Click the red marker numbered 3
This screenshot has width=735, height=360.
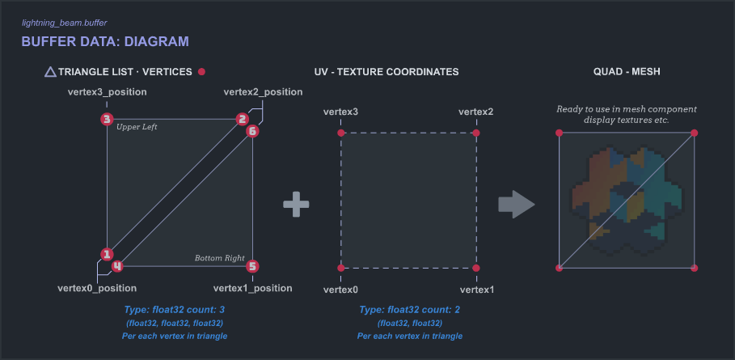(x=107, y=120)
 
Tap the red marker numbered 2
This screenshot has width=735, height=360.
(x=242, y=120)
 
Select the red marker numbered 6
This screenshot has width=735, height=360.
(x=252, y=130)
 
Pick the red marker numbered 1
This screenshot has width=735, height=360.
(x=107, y=254)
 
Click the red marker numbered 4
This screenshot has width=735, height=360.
(x=117, y=265)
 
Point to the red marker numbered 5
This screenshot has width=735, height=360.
(x=252, y=265)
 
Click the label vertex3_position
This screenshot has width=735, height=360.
(x=107, y=92)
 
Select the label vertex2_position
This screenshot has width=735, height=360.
(x=263, y=92)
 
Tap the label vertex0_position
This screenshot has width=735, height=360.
(x=97, y=288)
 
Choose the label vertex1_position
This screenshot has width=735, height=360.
(x=252, y=288)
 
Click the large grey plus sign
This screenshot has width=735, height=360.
(x=296, y=205)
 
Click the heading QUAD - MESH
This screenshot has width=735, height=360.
(x=627, y=72)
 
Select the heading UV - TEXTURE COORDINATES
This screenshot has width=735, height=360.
(x=387, y=72)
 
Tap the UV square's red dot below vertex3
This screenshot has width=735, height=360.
(x=341, y=133)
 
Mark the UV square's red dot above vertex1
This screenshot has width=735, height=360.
(x=476, y=268)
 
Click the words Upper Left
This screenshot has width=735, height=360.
(x=137, y=127)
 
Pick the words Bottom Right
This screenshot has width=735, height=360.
(x=219, y=258)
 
